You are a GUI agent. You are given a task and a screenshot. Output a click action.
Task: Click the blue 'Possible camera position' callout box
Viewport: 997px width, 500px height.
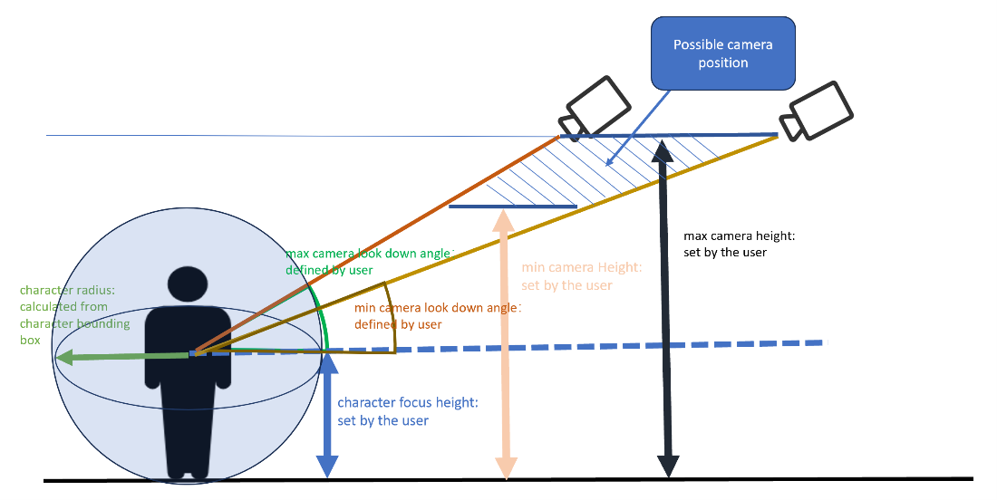pos(722,54)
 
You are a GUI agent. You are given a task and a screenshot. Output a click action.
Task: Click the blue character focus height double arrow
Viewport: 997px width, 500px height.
pos(327,412)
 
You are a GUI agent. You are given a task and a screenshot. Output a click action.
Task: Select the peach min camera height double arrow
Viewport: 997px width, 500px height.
pos(505,344)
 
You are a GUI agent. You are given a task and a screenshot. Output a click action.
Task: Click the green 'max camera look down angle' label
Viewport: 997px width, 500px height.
pos(367,262)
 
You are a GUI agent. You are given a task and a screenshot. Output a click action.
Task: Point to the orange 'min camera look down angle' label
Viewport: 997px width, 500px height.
pos(436,316)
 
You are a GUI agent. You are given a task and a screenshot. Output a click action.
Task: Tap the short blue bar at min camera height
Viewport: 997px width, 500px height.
pos(513,207)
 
